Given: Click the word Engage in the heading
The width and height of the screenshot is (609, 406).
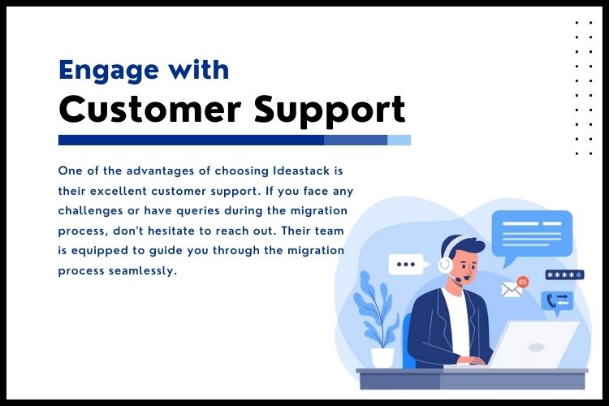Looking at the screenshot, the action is [x=109, y=71].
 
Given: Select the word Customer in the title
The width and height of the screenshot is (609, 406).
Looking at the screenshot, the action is [x=150, y=109].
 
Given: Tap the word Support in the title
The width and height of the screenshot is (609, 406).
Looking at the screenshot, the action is [x=330, y=110].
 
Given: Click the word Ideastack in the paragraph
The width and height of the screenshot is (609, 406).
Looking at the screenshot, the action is [x=301, y=171].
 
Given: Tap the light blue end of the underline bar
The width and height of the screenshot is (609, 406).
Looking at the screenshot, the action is [x=399, y=140].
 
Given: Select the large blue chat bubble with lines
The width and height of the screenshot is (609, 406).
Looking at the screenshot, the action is [x=532, y=234].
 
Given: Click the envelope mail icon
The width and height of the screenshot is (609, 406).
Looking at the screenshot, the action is [x=512, y=290].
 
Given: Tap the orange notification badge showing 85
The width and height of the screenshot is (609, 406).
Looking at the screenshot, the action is [x=523, y=282].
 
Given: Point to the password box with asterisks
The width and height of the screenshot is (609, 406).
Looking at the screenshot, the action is [x=564, y=275].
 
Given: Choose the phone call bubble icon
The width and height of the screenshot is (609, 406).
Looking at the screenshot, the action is [x=557, y=301].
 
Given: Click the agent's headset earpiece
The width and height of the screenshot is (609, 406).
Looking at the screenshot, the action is [x=445, y=266].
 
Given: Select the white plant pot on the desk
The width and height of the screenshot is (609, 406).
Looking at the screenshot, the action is [x=382, y=357].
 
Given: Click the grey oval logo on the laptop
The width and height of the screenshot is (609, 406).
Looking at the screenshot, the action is [x=537, y=347].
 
